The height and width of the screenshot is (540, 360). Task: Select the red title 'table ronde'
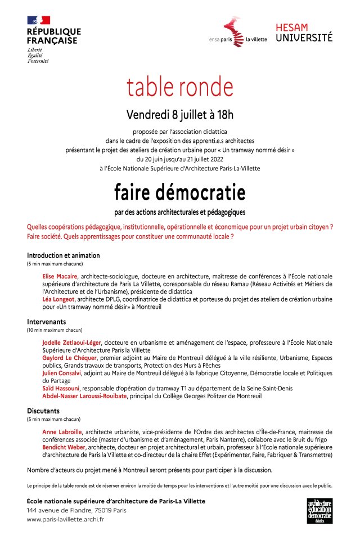(179, 87)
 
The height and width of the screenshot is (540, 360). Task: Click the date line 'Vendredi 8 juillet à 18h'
(180, 115)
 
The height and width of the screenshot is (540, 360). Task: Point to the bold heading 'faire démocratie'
(180, 193)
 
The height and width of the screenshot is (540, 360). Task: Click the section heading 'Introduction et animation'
(63, 255)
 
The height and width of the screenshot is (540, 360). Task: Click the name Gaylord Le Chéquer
(70, 358)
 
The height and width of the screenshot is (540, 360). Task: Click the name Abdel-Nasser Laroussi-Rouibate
(85, 396)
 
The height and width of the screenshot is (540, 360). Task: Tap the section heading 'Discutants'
(43, 411)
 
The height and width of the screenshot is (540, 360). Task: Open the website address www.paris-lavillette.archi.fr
(65, 519)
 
